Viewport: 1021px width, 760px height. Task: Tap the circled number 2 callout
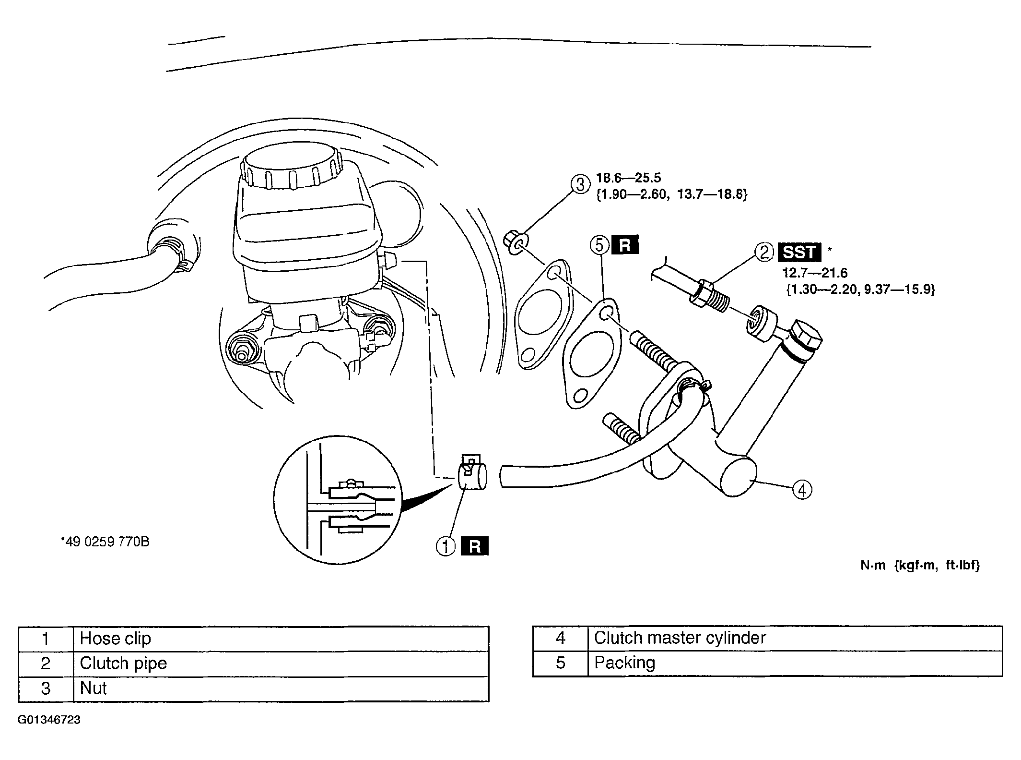coord(764,252)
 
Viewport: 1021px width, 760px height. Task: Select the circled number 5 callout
coord(599,245)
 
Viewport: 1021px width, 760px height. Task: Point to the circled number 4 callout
coord(802,490)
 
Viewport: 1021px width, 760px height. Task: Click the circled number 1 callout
coord(446,546)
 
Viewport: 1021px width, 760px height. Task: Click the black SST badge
coord(799,252)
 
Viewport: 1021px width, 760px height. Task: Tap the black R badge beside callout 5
coord(625,245)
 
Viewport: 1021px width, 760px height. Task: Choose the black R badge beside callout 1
coord(474,546)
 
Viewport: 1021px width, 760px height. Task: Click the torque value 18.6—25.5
coord(628,178)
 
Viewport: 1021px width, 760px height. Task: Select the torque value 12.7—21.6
coord(815,273)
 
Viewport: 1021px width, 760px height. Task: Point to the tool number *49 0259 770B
coord(105,542)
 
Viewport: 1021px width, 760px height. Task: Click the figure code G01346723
coord(49,720)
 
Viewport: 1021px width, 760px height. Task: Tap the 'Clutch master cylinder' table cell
coord(795,638)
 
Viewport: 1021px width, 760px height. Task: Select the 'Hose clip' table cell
coord(281,639)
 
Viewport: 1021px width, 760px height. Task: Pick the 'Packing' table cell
coord(795,663)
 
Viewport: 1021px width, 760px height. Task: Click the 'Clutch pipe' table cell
coord(281,663)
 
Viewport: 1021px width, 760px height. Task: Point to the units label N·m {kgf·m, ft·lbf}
coord(920,566)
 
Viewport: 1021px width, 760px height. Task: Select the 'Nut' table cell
coord(281,689)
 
